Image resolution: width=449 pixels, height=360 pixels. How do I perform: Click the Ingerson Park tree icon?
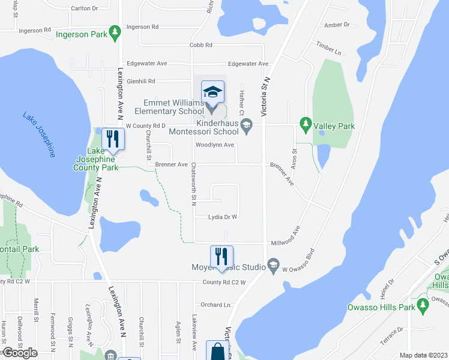point(113,34)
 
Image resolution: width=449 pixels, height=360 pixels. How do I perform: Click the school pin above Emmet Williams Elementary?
point(212,92)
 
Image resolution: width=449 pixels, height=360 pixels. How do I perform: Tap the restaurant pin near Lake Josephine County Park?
point(112,139)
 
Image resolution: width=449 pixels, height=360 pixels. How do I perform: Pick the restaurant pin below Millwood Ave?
point(221,256)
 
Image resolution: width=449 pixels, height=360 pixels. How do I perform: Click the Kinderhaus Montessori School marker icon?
point(246,124)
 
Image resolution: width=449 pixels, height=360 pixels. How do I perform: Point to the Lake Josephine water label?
point(39,134)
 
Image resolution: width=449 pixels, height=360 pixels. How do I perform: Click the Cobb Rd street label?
point(200,45)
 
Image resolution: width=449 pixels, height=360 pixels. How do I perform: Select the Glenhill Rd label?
point(140,81)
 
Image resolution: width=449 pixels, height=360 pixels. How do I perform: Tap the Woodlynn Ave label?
point(214,145)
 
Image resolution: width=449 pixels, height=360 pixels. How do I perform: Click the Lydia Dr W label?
point(223,217)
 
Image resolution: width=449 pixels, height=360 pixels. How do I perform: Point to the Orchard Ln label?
point(215,305)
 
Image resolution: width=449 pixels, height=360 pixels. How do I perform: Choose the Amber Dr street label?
point(337,25)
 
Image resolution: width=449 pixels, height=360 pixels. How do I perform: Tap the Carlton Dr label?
point(84,8)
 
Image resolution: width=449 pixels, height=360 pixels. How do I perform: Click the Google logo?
point(20,352)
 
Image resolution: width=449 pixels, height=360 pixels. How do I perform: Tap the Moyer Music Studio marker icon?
point(274,265)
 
